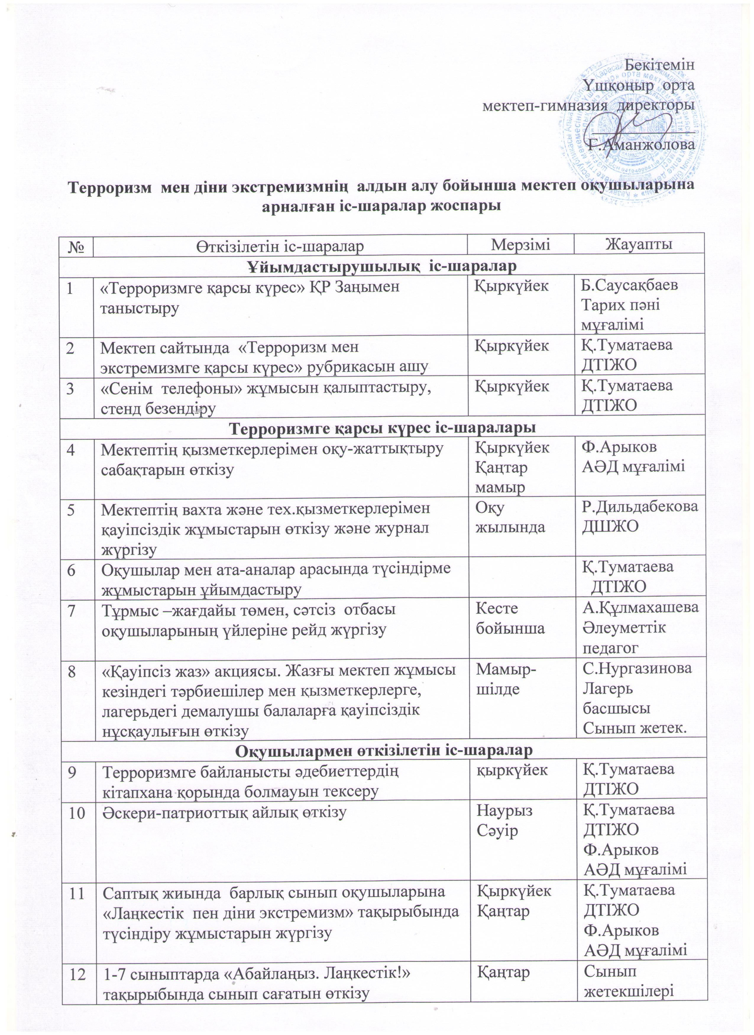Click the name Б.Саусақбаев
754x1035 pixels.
point(630,285)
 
